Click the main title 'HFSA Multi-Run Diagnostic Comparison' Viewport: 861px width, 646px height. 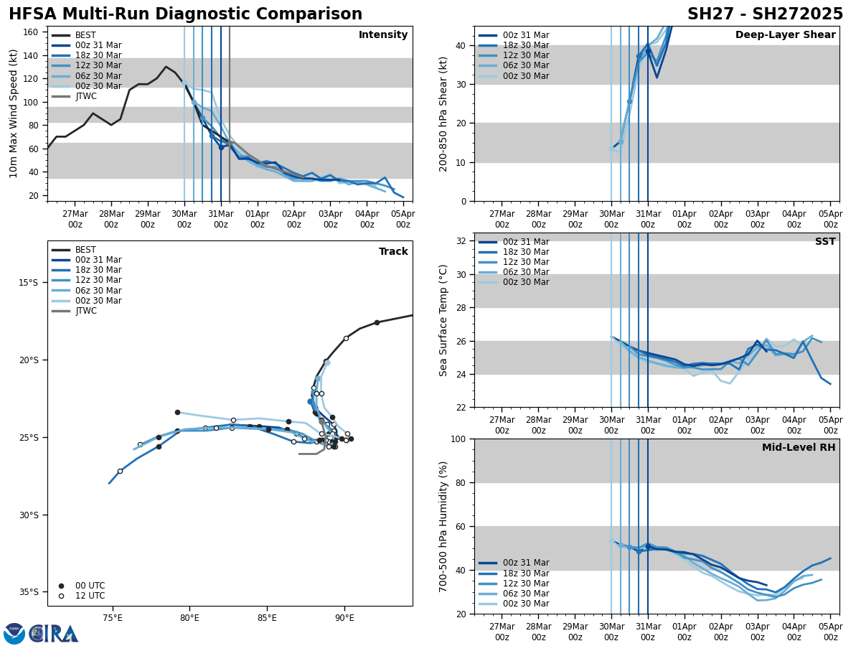coord(185,14)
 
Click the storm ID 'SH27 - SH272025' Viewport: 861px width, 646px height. coord(765,14)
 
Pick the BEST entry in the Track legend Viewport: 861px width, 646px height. coord(85,251)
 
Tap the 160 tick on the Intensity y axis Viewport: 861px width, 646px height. coord(32,32)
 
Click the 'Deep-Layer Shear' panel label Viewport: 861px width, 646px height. coord(785,35)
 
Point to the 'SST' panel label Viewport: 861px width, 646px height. coord(824,242)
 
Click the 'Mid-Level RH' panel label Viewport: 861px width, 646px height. coord(799,448)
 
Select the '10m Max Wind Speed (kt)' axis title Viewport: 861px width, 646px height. coord(14,113)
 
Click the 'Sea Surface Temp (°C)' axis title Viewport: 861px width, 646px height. coord(443,320)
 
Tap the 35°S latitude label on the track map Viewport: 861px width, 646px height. coord(28,592)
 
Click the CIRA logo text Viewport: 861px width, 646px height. coord(54,634)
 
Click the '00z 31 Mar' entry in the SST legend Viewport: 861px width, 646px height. coord(526,242)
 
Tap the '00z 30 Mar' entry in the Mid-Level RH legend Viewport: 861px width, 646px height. coord(526,604)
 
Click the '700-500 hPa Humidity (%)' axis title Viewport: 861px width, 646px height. coord(443,526)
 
